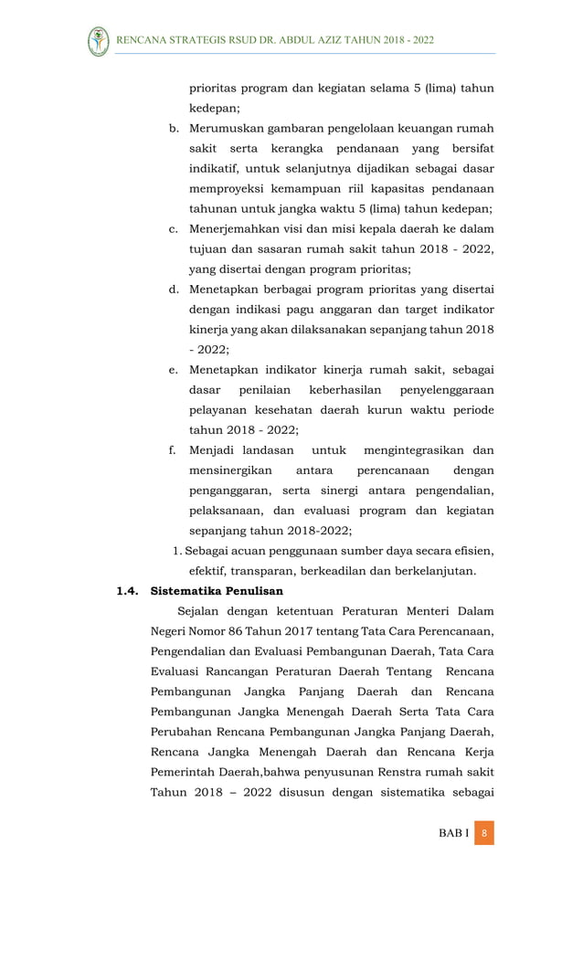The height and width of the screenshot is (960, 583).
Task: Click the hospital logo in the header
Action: coord(98,41)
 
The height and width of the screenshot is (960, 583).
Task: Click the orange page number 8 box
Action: coord(484,833)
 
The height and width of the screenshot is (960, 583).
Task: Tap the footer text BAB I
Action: coord(452,833)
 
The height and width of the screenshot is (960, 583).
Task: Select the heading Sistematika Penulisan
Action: coord(217,591)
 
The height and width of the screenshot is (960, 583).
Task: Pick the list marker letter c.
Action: coord(173,228)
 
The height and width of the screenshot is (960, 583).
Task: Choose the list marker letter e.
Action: coord(173,370)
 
